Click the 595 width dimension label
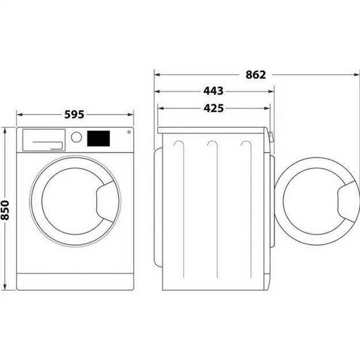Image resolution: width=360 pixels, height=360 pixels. coord(74,115)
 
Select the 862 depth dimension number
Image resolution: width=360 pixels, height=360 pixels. coord(255,74)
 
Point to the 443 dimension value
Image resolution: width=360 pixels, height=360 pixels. coord(213,91)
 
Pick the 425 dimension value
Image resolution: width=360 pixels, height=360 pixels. coord(213,108)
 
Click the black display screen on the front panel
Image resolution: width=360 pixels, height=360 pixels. coord(98,138)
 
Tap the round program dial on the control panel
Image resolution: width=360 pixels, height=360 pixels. coord(77,137)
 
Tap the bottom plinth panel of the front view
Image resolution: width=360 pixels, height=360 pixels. coord(74,282)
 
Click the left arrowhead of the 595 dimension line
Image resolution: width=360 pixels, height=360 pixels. coord(18,115)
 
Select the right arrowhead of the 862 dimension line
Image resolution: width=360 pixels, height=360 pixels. coord(351,74)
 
